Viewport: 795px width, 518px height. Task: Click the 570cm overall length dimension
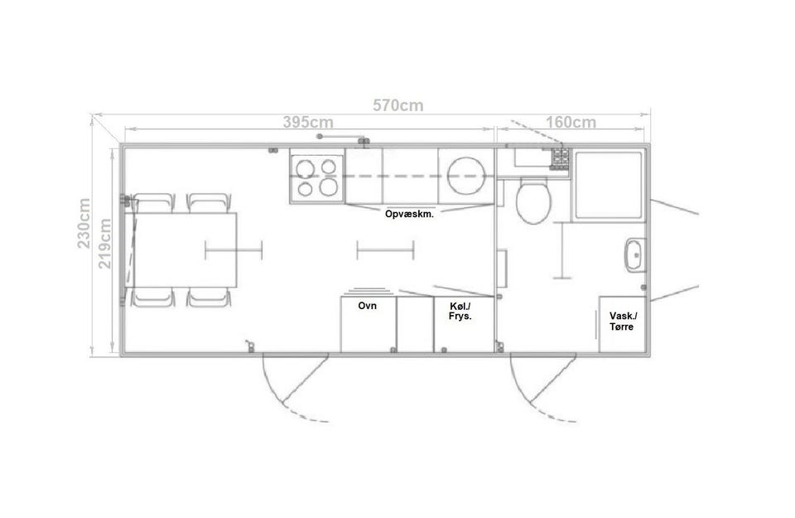(x=398, y=105)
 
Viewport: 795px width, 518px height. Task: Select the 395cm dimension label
(x=308, y=123)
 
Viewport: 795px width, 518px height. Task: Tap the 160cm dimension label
(x=571, y=123)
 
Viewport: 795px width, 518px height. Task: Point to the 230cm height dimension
(x=84, y=223)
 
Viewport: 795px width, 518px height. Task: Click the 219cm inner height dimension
(x=105, y=244)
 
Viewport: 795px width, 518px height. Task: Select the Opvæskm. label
(x=409, y=214)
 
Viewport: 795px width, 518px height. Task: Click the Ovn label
(x=367, y=306)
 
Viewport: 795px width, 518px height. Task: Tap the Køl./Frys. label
(x=460, y=311)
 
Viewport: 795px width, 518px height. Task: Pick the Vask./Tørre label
(x=622, y=321)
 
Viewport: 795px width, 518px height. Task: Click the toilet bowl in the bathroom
(x=533, y=201)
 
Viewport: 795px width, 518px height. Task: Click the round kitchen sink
(x=465, y=176)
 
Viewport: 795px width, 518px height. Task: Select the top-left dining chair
(x=155, y=203)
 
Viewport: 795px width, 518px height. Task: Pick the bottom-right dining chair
(x=210, y=297)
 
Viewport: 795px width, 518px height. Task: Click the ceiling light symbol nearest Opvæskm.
(x=385, y=250)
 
